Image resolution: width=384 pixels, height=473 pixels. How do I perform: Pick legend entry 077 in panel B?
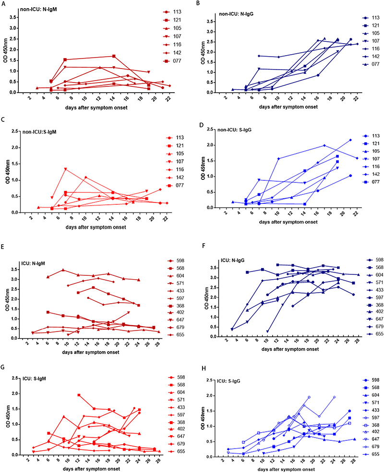tap(372, 64)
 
